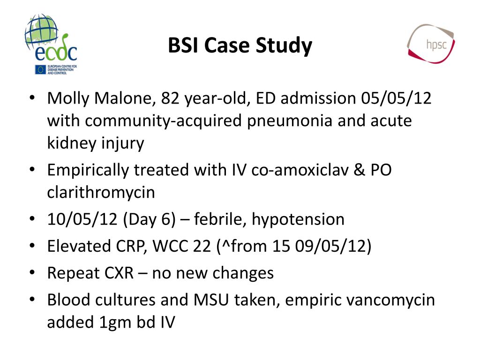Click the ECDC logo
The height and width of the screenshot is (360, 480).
[x=51, y=44]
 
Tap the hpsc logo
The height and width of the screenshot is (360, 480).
[x=430, y=44]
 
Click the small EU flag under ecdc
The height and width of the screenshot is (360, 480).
[x=40, y=70]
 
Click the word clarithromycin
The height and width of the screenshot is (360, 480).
[x=101, y=192]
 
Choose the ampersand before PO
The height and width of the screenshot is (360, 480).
[x=361, y=170]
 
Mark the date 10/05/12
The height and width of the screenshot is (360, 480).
[x=82, y=219]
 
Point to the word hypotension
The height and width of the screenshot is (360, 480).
[x=298, y=219]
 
